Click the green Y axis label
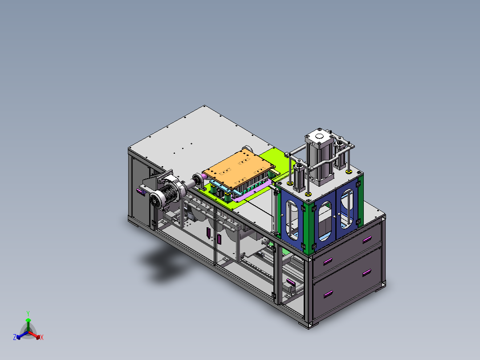pos(28,313)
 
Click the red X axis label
pos(42,337)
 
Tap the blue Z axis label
pos(14,337)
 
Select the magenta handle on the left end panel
pos(140,191)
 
